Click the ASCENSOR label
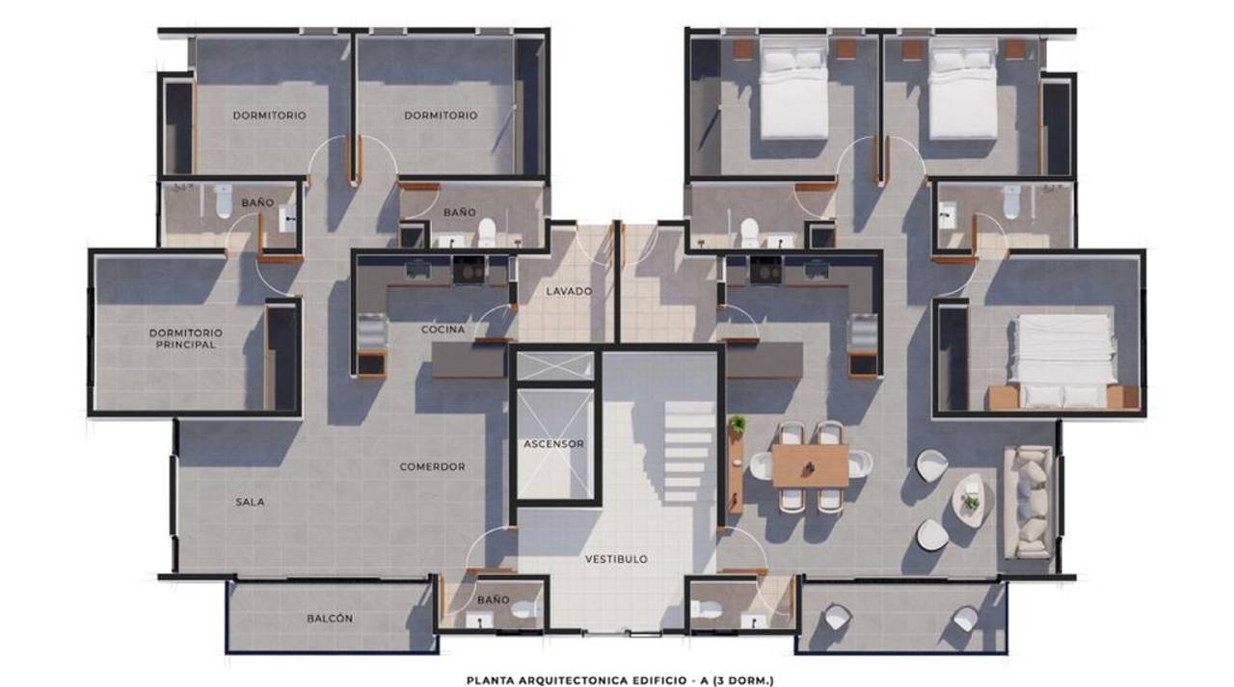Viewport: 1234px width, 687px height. point(553,443)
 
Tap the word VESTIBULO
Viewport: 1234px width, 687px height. point(616,559)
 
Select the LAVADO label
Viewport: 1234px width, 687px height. point(569,291)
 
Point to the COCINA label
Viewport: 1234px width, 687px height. point(443,330)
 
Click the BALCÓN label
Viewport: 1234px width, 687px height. point(330,619)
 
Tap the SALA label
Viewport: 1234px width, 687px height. point(250,502)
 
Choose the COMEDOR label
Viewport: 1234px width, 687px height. point(433,466)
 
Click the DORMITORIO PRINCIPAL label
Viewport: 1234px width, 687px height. point(186,338)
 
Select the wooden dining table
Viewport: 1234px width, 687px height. point(810,465)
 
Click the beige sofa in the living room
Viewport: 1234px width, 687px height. point(1028,502)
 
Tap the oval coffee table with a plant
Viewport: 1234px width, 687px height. point(972,499)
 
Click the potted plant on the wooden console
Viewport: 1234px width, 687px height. point(738,424)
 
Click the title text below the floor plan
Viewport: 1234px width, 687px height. point(620,681)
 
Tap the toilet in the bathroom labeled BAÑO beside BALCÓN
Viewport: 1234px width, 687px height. point(526,609)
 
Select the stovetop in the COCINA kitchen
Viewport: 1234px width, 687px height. point(469,270)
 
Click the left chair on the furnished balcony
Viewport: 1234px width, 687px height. point(838,617)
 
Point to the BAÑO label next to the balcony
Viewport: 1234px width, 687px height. point(493,599)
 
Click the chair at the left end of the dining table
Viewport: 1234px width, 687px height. point(761,465)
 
